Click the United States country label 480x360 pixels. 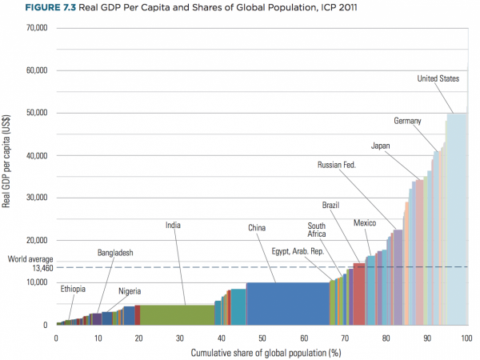point(438,78)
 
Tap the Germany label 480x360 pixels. point(407,121)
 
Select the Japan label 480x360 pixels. point(381,146)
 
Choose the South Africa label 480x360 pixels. point(316,230)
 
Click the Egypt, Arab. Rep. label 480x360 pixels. point(297,251)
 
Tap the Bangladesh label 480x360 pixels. point(115,253)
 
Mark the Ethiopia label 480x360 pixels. point(73,289)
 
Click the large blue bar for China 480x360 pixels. point(288,304)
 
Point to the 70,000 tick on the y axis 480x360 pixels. point(34,28)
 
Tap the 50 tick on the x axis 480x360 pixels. point(262,338)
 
